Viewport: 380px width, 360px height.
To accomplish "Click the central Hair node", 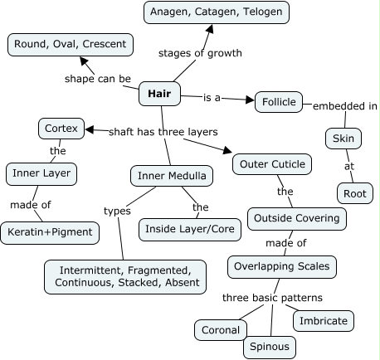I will pos(158,95).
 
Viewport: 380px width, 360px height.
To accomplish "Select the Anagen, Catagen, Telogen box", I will pos(216,12).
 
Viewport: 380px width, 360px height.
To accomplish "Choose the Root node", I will pos(356,193).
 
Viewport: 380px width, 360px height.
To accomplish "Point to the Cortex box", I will pos(60,129).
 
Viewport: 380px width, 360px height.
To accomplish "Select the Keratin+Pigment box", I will pos(50,233).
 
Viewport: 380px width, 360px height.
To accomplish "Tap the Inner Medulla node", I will pos(172,176).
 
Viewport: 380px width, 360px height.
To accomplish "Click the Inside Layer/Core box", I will pos(188,228).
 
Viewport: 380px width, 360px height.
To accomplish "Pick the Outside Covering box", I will pos(296,219).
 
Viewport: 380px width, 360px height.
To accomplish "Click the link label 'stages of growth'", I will pos(200,53).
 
